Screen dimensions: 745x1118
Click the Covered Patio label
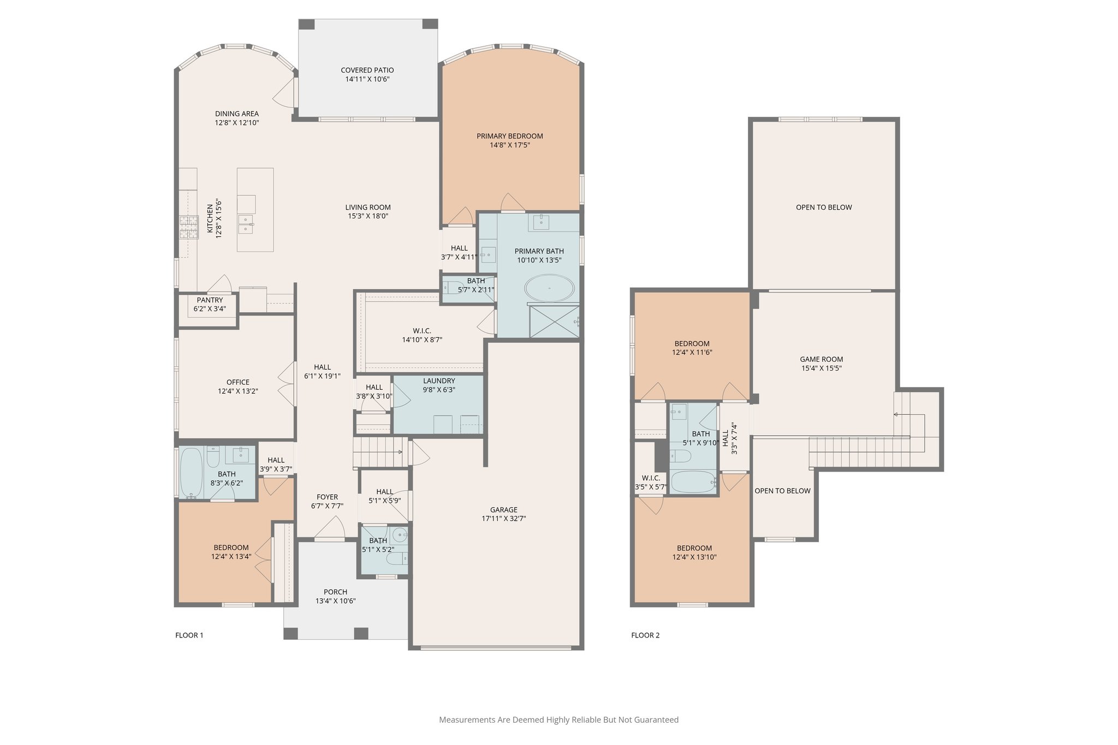[367, 70]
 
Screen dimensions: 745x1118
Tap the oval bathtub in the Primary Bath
[549, 288]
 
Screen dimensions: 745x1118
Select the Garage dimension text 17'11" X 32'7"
[503, 519]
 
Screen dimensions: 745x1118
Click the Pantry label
[210, 300]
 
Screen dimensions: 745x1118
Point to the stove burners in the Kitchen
[188, 228]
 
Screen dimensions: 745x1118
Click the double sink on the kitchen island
[246, 224]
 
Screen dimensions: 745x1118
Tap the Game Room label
[821, 359]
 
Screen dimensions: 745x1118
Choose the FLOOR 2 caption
[645, 635]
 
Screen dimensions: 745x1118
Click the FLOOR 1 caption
[189, 635]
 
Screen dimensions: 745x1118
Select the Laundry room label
[438, 381]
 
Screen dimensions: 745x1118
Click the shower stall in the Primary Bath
[552, 321]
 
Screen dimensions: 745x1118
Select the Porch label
[335, 592]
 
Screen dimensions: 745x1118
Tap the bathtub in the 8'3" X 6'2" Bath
[191, 472]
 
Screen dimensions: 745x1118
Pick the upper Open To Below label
[823, 207]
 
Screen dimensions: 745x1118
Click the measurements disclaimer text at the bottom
[558, 720]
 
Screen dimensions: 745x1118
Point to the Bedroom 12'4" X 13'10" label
[694, 549]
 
